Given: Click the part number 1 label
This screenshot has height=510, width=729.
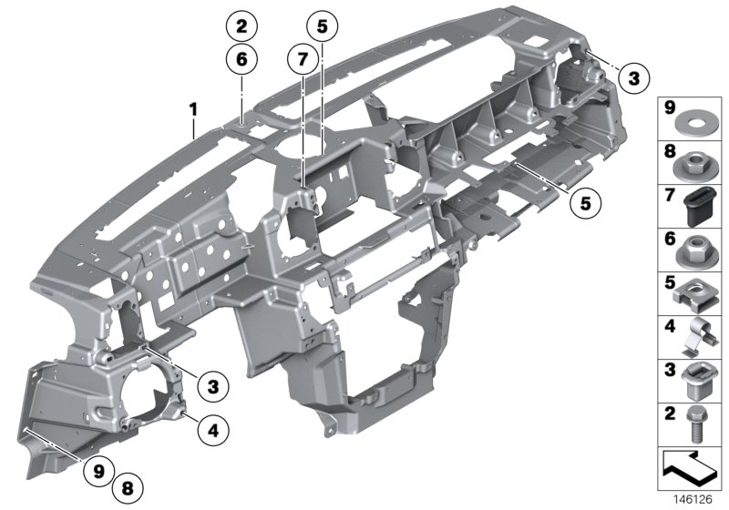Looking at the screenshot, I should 193,109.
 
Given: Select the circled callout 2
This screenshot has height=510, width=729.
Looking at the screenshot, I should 241,26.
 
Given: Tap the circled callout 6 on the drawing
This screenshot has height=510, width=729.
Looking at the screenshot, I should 241,59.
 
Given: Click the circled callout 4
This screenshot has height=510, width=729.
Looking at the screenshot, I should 212,428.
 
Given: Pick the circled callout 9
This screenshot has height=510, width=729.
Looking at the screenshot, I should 98,470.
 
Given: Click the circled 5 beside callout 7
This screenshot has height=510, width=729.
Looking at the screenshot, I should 321,26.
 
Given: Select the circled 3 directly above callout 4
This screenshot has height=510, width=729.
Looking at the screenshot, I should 212,387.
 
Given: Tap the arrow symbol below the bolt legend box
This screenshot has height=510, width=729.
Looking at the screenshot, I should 690,471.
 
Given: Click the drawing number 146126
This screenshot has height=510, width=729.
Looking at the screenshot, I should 696,500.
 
